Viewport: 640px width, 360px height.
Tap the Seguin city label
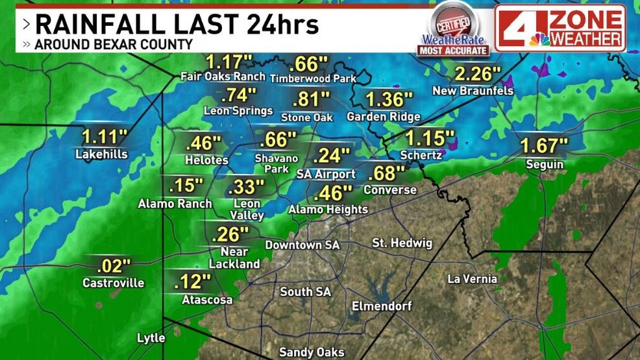(x=545, y=165)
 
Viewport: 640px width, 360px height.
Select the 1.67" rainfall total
(x=544, y=146)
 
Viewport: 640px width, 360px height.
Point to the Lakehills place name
(x=101, y=154)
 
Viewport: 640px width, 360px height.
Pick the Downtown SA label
(x=302, y=245)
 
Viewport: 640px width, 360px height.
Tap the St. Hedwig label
(x=397, y=243)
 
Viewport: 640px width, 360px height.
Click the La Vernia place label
(x=473, y=279)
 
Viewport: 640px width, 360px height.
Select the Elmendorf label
(x=381, y=306)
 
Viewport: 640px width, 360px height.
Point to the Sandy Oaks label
(x=312, y=352)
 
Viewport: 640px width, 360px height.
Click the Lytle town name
(x=151, y=338)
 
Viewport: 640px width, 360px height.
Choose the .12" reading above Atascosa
(x=193, y=282)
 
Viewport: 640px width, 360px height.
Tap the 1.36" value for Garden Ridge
(x=389, y=100)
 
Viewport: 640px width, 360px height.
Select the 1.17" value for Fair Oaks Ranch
(x=228, y=62)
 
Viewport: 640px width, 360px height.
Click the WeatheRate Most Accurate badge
(x=453, y=29)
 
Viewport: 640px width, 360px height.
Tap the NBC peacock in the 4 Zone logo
(x=539, y=39)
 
